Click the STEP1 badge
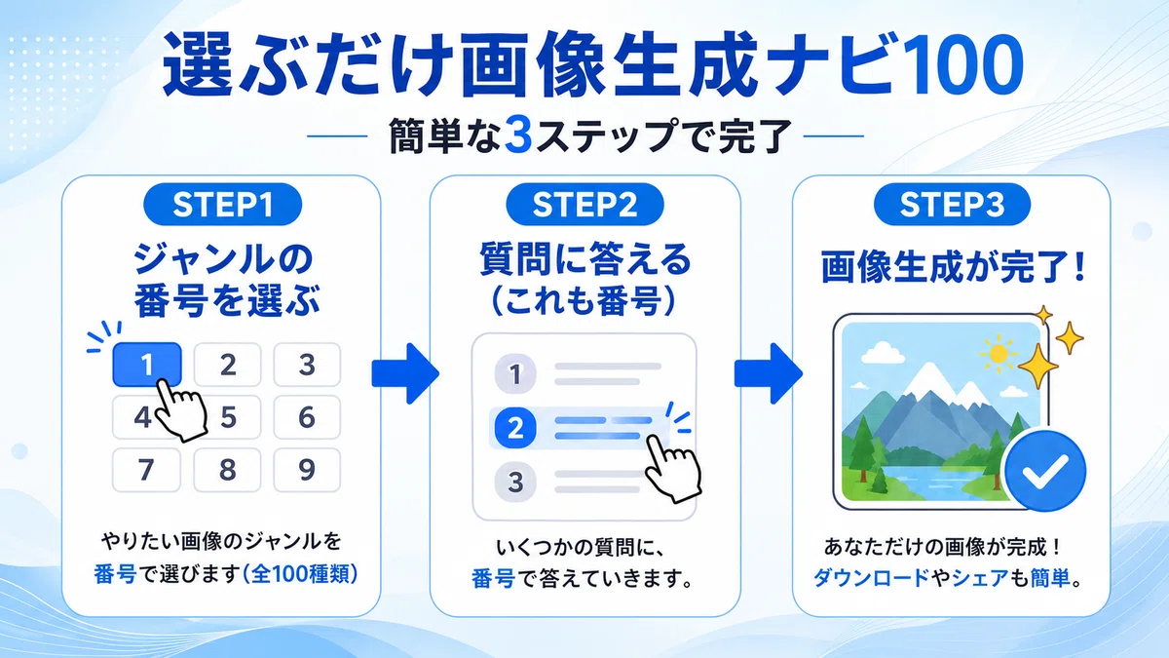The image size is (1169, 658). click(x=223, y=204)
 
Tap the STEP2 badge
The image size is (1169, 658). click(x=585, y=204)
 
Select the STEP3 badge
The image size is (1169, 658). click(x=952, y=204)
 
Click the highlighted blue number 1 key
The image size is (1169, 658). click(x=147, y=364)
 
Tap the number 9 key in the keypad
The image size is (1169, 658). click(x=307, y=470)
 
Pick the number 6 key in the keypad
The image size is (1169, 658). click(x=307, y=417)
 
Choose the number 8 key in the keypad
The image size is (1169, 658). click(x=227, y=470)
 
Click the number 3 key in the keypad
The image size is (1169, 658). click(x=307, y=364)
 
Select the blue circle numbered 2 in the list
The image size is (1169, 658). click(x=515, y=428)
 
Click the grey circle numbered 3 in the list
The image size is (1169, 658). click(x=515, y=482)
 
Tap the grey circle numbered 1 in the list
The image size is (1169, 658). click(x=515, y=374)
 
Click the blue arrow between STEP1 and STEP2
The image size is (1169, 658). click(x=405, y=373)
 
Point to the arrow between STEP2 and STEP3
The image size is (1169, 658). click(x=769, y=373)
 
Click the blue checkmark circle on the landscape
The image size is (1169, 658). click(x=1045, y=471)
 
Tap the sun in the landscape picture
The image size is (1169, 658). click(x=999, y=354)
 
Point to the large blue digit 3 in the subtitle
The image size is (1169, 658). click(x=518, y=135)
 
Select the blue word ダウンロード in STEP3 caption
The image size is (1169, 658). click(x=872, y=577)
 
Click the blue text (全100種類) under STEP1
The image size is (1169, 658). click(x=300, y=574)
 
